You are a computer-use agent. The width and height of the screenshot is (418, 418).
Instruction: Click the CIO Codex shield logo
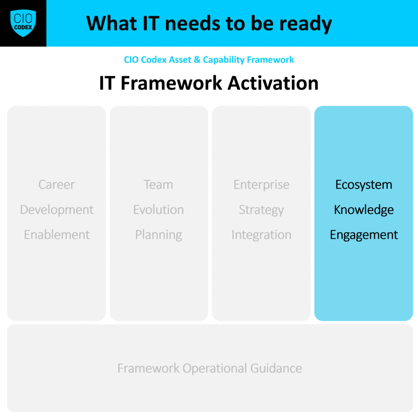point(23,23)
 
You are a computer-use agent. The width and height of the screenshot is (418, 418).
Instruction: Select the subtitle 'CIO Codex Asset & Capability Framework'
point(209,60)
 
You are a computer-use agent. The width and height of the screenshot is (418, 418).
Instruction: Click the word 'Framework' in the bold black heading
point(171,83)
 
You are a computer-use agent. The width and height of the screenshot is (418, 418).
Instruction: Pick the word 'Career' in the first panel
point(56,185)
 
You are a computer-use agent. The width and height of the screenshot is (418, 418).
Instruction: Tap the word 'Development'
point(57,210)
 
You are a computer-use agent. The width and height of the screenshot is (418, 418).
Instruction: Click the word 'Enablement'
point(57,235)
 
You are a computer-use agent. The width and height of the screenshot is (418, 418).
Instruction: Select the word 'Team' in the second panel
point(158,185)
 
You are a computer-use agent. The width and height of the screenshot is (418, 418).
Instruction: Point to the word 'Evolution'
point(159,209)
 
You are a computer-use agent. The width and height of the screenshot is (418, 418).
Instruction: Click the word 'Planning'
point(159,235)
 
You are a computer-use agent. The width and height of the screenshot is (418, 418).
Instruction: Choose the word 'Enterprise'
point(262,185)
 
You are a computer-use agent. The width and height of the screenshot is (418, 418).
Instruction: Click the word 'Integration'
point(261,235)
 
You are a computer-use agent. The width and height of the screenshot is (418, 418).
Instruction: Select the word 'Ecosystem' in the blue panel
point(364,185)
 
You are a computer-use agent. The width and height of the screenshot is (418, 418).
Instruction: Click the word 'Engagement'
point(364,235)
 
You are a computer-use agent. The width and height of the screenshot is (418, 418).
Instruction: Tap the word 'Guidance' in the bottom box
point(276,368)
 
